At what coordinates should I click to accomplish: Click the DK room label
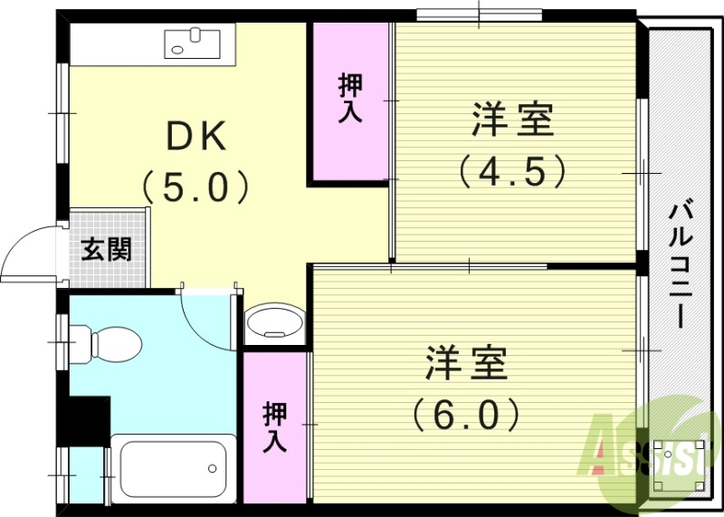click(195, 136)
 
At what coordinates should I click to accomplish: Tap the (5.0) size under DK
click(195, 187)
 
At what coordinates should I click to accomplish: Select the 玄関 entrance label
click(107, 249)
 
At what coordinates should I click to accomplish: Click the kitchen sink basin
click(193, 42)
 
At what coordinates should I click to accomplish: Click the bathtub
click(172, 467)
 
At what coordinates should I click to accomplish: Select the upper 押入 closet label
click(351, 100)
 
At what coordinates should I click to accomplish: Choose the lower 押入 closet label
click(275, 427)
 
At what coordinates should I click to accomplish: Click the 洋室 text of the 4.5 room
click(511, 120)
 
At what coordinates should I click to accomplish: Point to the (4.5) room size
click(511, 169)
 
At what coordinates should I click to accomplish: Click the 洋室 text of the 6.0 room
click(467, 363)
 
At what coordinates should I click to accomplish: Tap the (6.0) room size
click(467, 414)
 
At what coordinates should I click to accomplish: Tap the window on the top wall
click(479, 14)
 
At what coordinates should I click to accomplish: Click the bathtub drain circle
click(212, 468)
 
